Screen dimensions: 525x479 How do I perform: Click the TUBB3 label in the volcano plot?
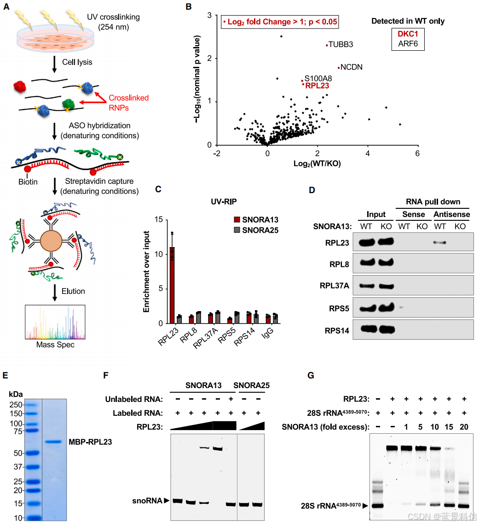[x=341, y=45]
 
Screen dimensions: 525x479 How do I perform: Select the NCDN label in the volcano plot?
[x=352, y=67]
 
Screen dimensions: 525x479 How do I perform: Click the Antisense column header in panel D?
[x=452, y=214]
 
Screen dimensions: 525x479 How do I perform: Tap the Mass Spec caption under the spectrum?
[x=55, y=344]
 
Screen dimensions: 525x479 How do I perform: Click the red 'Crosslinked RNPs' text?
[x=128, y=102]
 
